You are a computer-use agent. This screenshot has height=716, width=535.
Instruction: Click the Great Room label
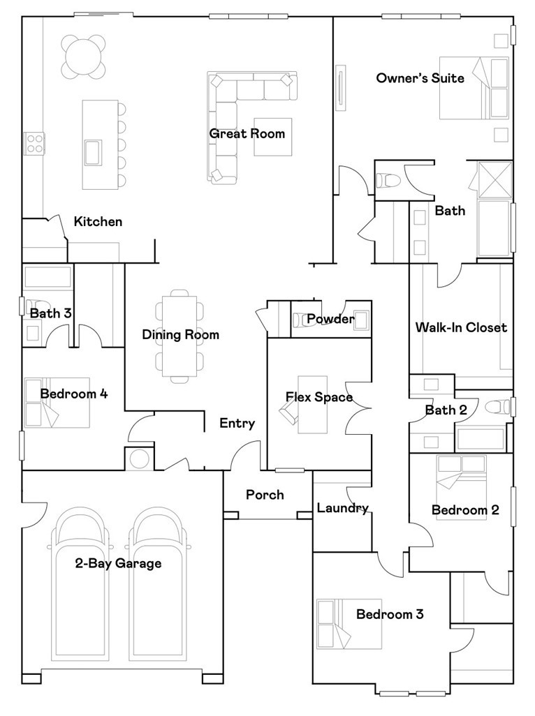pyautogui.click(x=247, y=134)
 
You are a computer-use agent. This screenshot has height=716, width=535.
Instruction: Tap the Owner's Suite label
pyautogui.click(x=420, y=78)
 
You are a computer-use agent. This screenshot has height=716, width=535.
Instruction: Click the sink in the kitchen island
pyautogui.click(x=93, y=153)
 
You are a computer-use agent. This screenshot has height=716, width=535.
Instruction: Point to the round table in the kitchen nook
pyautogui.click(x=82, y=56)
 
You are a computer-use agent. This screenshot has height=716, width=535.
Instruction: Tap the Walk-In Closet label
pyautogui.click(x=461, y=327)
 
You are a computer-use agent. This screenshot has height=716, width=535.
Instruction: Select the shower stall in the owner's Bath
pyautogui.click(x=494, y=179)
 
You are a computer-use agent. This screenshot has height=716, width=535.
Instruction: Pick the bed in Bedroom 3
pyautogui.click(x=349, y=624)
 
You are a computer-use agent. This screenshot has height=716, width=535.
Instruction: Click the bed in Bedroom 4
pyautogui.click(x=57, y=402)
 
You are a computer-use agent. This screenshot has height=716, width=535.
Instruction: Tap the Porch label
pyautogui.click(x=265, y=495)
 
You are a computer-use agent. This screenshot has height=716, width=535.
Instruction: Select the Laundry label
pyautogui.click(x=343, y=508)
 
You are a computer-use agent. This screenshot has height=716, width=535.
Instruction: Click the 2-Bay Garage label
pyautogui.click(x=118, y=563)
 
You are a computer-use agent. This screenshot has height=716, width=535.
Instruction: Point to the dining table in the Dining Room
pyautogui.click(x=180, y=336)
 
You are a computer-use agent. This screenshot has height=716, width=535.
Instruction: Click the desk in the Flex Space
pyautogui.click(x=312, y=405)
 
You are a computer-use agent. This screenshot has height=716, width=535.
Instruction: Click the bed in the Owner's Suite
pyautogui.click(x=474, y=88)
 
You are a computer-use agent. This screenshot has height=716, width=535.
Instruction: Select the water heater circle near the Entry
pyautogui.click(x=140, y=459)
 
